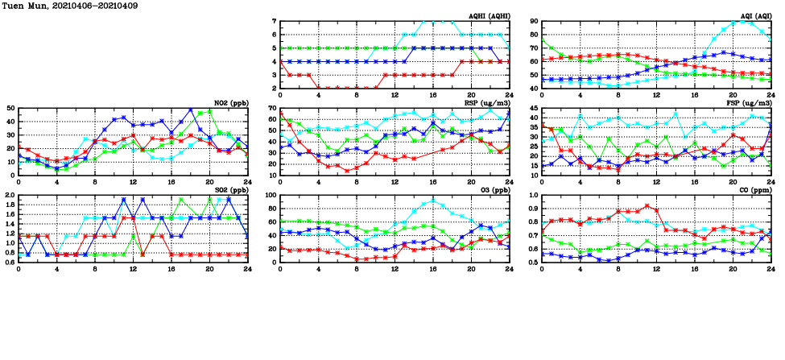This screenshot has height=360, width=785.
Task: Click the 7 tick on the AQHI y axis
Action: pyautogui.click(x=275, y=22)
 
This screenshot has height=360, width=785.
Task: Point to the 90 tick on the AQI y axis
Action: pyautogui.click(x=535, y=22)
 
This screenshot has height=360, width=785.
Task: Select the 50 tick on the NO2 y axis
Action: pyautogui.click(x=10, y=108)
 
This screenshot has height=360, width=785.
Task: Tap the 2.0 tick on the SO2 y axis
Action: pyautogui.click(x=10, y=195)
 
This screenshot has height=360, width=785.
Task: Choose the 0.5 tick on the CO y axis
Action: pyautogui.click(x=533, y=263)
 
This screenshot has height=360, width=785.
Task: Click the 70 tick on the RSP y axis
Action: pyautogui.click(x=273, y=108)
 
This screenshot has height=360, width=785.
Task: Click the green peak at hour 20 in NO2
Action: pyautogui.click(x=210, y=111)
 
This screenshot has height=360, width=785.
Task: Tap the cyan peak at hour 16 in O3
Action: pyautogui.click(x=432, y=201)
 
